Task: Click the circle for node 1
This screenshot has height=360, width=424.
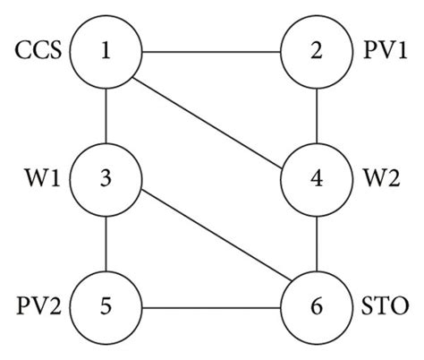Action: (106, 49)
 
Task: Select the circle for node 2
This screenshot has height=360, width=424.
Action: (317, 49)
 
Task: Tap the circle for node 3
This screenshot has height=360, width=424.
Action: (106, 178)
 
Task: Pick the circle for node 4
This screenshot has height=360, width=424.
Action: (317, 178)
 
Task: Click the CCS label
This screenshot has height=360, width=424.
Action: (38, 50)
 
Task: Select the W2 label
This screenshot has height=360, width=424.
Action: (382, 179)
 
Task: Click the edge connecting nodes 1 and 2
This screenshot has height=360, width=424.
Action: (211, 49)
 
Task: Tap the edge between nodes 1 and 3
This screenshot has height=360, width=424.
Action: (106, 114)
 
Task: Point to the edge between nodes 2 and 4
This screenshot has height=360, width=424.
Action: (317, 114)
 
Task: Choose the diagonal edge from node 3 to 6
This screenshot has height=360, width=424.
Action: (211, 243)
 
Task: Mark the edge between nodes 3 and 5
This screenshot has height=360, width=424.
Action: (106, 243)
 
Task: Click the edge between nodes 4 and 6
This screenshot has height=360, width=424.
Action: (317, 243)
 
